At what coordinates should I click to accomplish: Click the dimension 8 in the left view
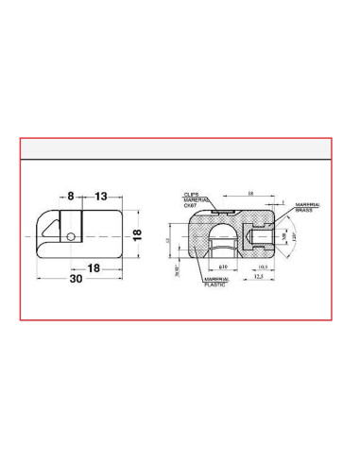[x=71, y=197]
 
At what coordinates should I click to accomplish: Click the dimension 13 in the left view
[x=100, y=197]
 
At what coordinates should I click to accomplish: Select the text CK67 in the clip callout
[x=191, y=205]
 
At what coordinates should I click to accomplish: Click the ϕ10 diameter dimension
[x=224, y=268]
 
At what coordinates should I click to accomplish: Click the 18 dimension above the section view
[x=250, y=194]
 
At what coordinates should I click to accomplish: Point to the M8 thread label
[x=285, y=237]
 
